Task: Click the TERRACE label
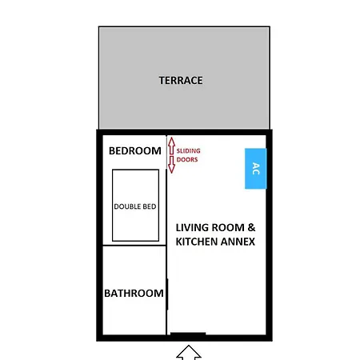[x=181, y=80]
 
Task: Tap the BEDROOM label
[x=135, y=150]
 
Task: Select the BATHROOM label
[x=134, y=293]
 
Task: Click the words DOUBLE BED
[x=135, y=206]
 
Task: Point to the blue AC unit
[x=255, y=169]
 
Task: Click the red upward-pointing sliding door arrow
[x=171, y=146]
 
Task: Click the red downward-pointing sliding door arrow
[x=171, y=165]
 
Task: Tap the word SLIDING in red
[x=188, y=150]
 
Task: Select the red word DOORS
[x=187, y=159]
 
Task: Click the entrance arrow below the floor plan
[x=189, y=353]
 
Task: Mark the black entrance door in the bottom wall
[x=188, y=334]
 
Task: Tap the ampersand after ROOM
[x=251, y=227]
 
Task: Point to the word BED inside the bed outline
[x=150, y=206]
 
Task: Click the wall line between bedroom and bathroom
[x=134, y=245]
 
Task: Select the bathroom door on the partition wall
[x=167, y=294]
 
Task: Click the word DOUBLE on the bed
[x=127, y=206]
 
